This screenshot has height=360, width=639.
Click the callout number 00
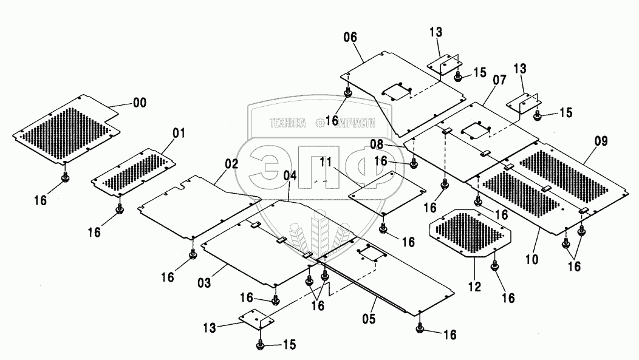pos(139,103)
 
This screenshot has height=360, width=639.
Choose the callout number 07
pos(499,80)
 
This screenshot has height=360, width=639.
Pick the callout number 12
pos(474,287)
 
